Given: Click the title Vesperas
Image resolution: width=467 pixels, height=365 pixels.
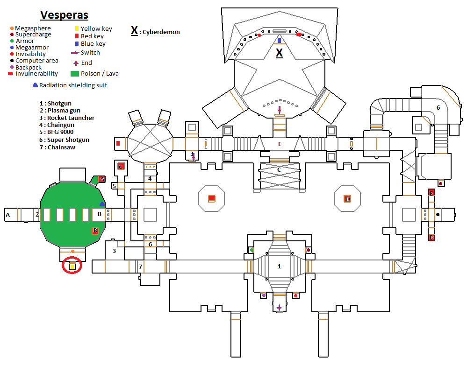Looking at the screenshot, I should coord(64,14).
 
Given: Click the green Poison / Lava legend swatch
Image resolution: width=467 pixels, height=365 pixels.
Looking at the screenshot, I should coord(74,73).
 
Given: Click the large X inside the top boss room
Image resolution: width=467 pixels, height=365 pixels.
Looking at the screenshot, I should coord(279,52).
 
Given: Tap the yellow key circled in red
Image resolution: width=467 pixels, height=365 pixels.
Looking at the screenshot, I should coord(72,267).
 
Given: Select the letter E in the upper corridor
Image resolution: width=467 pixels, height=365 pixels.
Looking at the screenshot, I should coord(280,144).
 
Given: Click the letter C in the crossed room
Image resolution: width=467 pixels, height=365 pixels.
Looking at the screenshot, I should coord(279,169).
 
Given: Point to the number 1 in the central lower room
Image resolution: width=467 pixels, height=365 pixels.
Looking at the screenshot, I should coord(279,267).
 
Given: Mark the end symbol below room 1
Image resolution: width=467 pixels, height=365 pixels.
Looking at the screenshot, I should coord(279,308).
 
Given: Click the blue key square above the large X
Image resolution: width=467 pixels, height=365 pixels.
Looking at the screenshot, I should coord(279,41).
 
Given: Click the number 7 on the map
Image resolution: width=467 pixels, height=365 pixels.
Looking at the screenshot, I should coord(140,267).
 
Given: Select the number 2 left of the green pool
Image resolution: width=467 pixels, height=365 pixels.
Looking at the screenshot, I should coord(36,215).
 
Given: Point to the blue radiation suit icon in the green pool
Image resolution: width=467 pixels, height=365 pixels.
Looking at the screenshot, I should coord(102,204).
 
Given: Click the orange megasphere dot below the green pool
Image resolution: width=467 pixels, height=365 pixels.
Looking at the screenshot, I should coord(72,252).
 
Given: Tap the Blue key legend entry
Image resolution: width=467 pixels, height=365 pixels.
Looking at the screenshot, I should coord(93,43).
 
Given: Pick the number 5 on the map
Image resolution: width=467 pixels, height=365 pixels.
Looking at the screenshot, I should coord(114,186).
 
